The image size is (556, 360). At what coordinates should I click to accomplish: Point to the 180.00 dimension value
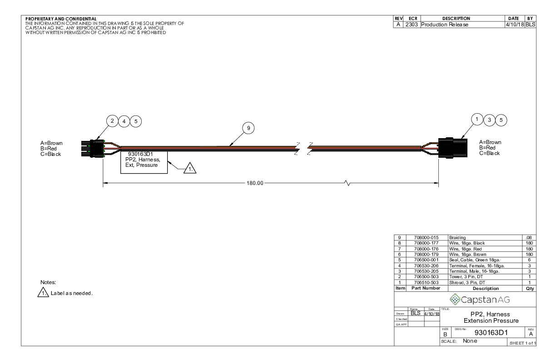click(x=255, y=183)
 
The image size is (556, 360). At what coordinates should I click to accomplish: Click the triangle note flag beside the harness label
click(x=190, y=168)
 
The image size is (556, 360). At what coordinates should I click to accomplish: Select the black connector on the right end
click(x=453, y=148)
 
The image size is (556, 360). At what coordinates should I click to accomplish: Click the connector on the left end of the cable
click(x=93, y=149)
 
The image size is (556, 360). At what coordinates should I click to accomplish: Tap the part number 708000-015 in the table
click(x=426, y=238)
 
